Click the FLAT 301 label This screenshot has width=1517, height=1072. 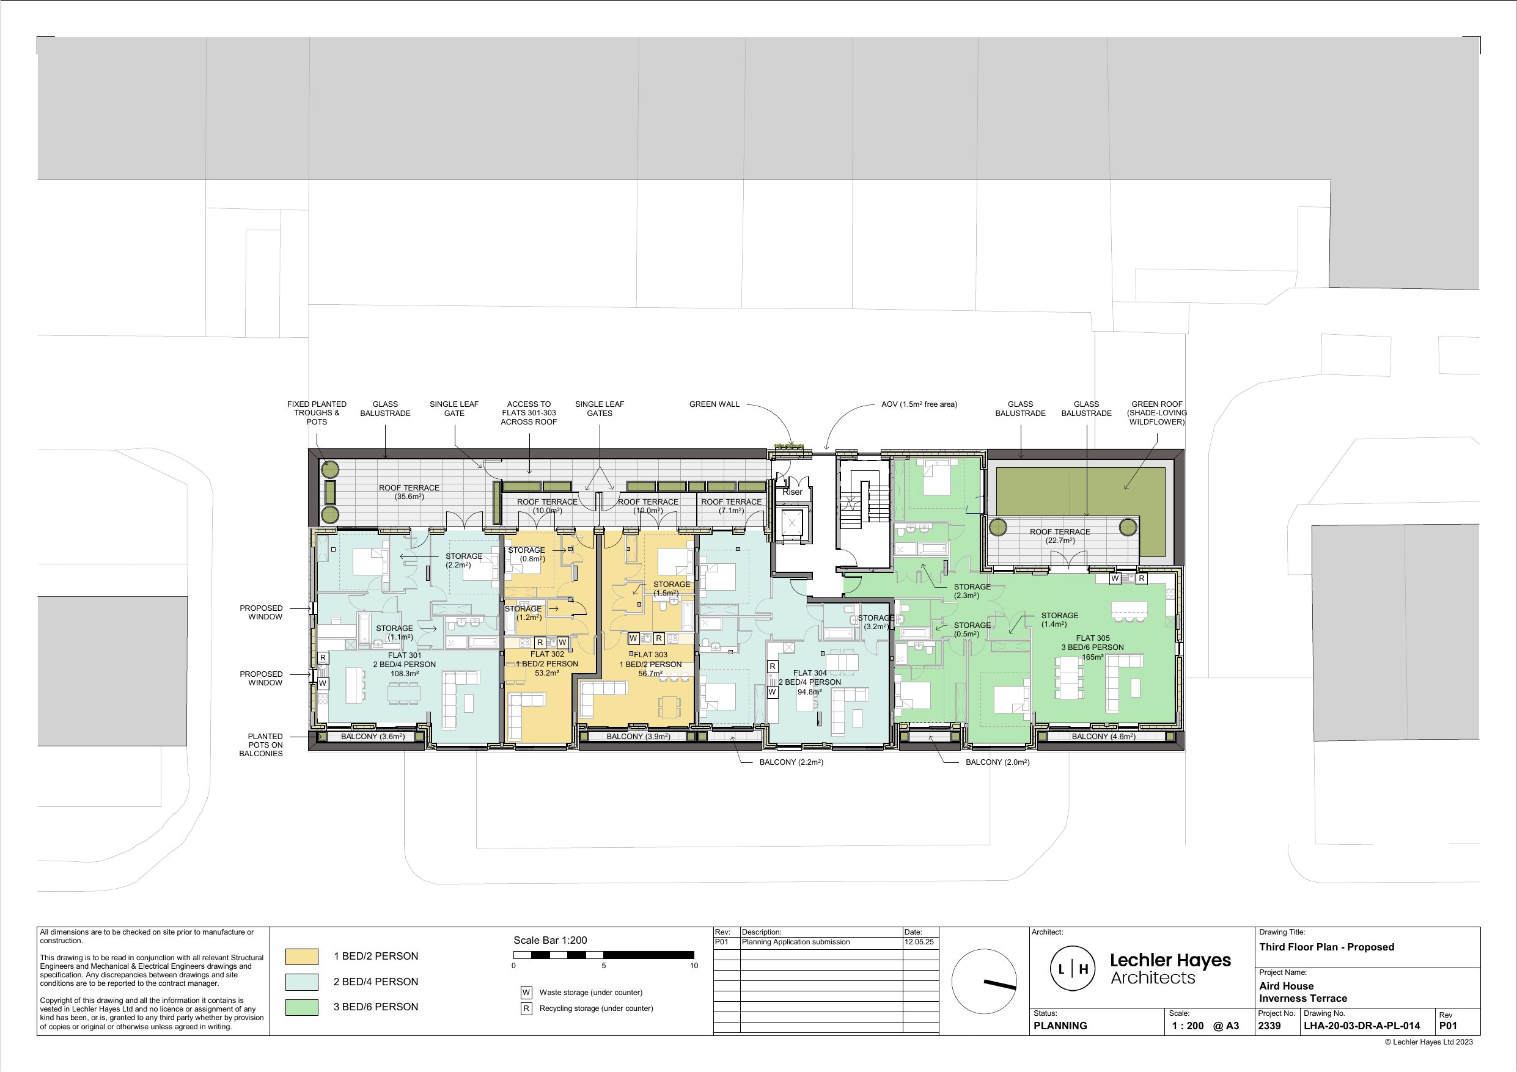point(405,655)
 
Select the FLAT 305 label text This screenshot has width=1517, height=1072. point(1093,638)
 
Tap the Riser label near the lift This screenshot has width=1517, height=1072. point(792,492)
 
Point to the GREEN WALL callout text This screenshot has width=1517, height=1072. point(714,404)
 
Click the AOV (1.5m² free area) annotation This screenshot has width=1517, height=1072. point(919,404)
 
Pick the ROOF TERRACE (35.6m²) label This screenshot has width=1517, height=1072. point(409,492)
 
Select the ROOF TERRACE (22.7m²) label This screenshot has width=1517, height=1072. point(1060,536)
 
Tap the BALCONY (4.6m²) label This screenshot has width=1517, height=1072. point(1103,737)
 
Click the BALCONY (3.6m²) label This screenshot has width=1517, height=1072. point(373,737)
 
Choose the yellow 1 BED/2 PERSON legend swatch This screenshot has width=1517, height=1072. point(302,957)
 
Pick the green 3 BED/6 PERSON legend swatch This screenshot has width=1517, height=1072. point(302,1007)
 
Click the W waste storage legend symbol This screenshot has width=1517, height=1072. point(527,992)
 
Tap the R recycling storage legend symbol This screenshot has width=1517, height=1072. point(527,1008)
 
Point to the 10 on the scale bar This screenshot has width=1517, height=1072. point(694,966)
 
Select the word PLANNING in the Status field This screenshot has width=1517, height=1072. point(1060,1026)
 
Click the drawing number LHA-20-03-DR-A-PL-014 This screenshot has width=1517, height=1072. point(1362,1026)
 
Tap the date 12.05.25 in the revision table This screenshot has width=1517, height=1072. point(919,942)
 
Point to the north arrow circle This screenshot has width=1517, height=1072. point(985,982)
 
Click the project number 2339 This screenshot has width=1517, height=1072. point(1269,1026)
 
